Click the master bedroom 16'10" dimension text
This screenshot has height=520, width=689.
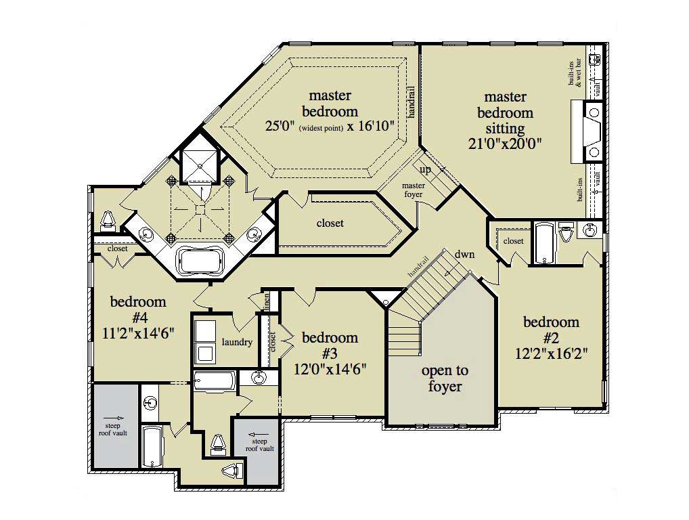372,126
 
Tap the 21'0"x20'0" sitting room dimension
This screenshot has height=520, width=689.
505,144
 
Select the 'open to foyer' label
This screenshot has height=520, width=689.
444,378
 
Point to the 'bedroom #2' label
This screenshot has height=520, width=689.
551,329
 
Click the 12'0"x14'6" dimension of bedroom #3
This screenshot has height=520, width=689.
330,370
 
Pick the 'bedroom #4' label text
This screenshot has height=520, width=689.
138,309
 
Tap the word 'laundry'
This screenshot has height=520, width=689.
237,342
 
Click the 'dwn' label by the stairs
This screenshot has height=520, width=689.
464,255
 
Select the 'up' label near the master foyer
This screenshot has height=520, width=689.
425,170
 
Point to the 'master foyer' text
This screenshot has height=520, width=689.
414,190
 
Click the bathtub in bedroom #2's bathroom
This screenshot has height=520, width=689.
543,242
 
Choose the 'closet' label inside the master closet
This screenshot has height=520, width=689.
330,223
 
